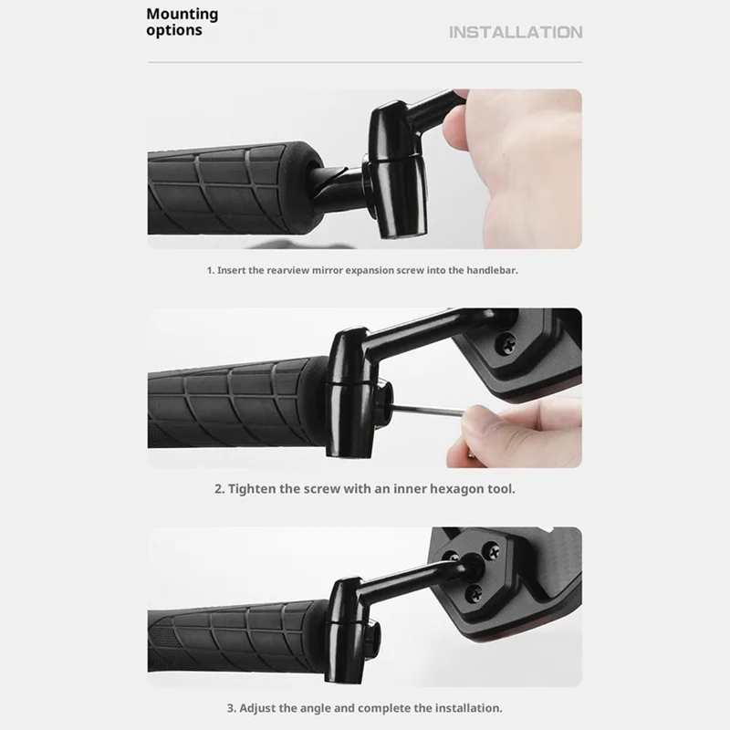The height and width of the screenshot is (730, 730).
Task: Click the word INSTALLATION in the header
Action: point(516,32)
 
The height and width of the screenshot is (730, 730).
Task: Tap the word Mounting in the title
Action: point(182,15)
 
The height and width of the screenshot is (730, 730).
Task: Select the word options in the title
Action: point(174,30)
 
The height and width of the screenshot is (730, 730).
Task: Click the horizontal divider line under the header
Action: point(365,62)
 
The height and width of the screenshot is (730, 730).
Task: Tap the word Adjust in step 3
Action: point(255,708)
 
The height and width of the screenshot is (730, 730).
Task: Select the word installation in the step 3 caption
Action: point(468,708)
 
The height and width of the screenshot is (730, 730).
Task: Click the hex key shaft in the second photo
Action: point(427,410)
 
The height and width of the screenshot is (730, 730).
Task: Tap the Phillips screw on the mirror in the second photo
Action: point(506,344)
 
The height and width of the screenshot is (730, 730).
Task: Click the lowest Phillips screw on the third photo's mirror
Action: point(474,593)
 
